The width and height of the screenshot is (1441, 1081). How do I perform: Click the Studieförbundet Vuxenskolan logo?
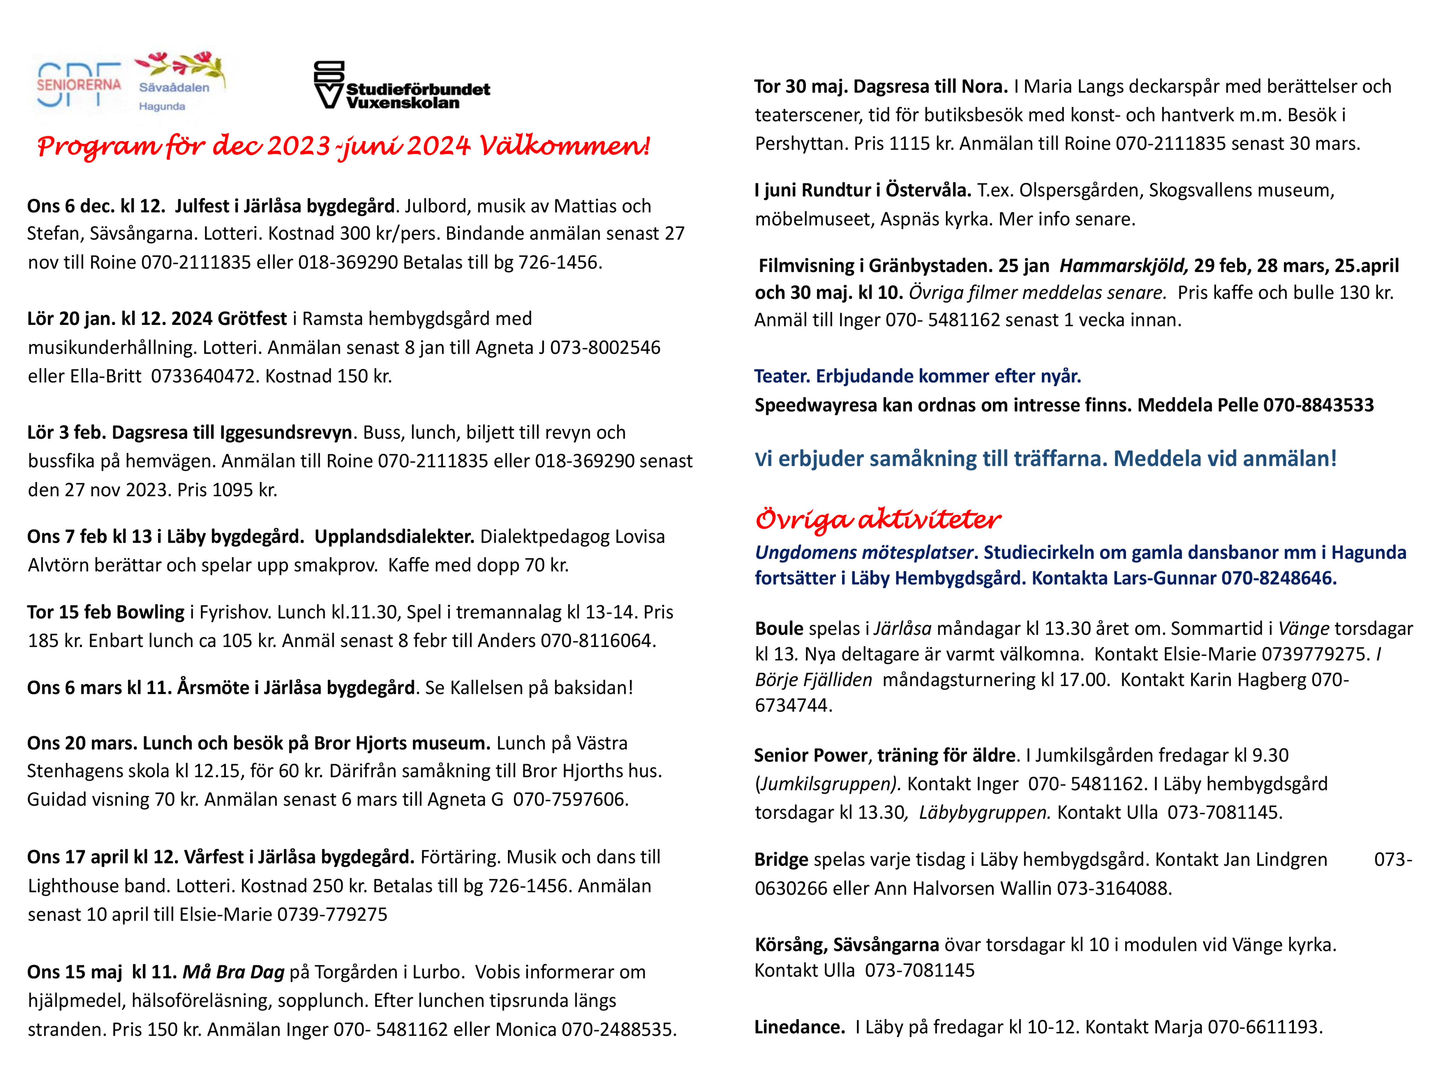pos(402,85)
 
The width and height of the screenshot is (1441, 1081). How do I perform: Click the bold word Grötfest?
pos(252,319)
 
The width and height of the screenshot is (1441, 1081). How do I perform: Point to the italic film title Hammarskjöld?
pos(1123,266)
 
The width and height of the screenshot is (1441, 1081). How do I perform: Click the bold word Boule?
pos(778,629)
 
